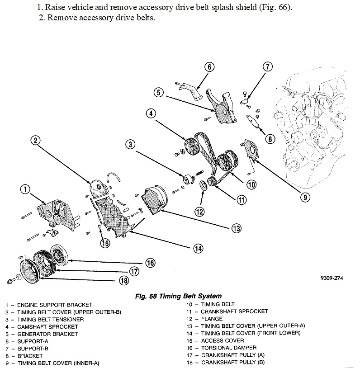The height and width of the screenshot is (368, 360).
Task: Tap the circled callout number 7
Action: [267, 67]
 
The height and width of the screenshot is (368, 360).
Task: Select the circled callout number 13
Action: [236, 228]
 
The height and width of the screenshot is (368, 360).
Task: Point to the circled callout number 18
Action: [123, 280]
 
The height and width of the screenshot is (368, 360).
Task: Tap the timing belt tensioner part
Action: [186, 178]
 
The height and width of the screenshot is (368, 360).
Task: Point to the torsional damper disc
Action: [58, 255]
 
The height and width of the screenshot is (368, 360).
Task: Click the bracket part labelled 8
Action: [252, 122]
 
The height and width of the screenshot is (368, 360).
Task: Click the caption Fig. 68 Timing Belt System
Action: [179, 296]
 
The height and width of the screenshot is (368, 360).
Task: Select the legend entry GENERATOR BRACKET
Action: [47, 334]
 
